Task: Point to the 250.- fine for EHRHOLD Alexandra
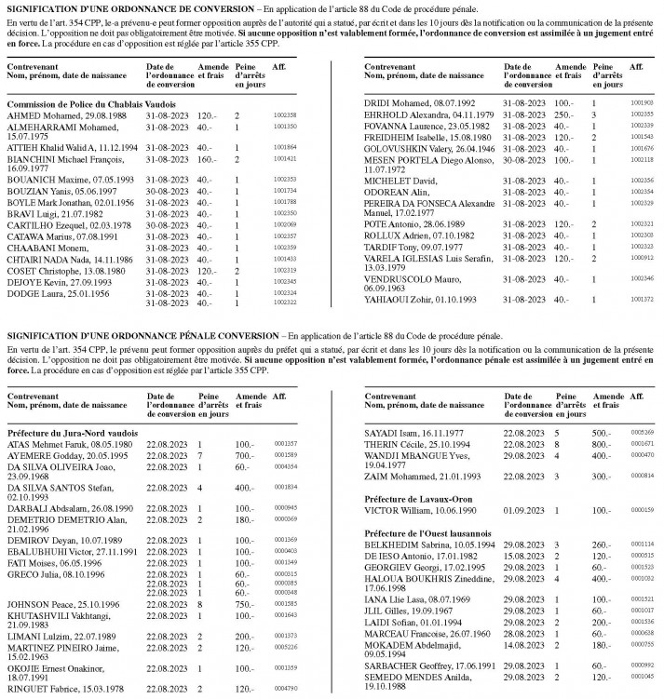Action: (562, 114)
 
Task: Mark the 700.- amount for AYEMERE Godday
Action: (245, 455)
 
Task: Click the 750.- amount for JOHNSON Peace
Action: (245, 604)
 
